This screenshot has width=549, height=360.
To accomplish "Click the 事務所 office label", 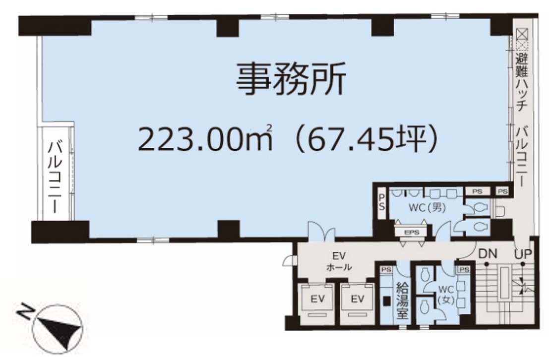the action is pyautogui.click(x=291, y=79).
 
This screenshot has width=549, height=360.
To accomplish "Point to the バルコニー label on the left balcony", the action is pyautogui.click(x=56, y=177).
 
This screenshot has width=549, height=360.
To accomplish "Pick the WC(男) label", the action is pyautogui.click(x=427, y=208).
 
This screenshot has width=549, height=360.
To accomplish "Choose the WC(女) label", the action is pyautogui.click(x=446, y=295).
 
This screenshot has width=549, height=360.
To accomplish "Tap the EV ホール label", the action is pyautogui.click(x=339, y=262).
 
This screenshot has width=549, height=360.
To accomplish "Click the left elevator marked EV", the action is pyautogui.click(x=318, y=300).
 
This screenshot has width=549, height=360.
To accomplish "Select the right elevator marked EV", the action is pyautogui.click(x=358, y=300).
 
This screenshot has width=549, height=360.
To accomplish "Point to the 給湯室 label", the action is pyautogui.click(x=402, y=300).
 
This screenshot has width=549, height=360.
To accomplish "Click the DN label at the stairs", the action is pyautogui.click(x=488, y=253).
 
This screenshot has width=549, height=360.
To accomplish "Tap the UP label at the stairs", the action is pyautogui.click(x=523, y=253).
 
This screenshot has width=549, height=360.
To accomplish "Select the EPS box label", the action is pyautogui.click(x=412, y=232).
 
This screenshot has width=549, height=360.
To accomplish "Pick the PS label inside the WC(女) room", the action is pyautogui.click(x=464, y=270).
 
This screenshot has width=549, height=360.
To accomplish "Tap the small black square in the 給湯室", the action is pyautogui.click(x=387, y=301).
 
